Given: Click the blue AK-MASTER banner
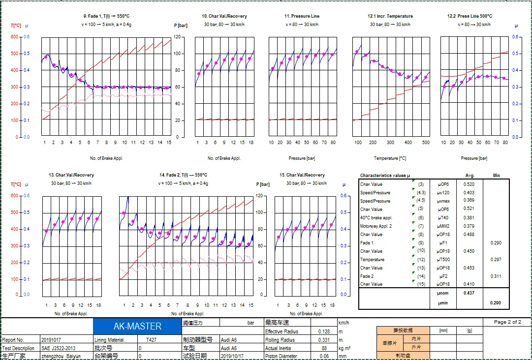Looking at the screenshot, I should [137, 326].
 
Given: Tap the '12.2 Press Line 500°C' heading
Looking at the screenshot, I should [469, 16].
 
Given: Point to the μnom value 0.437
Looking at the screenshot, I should [469, 293].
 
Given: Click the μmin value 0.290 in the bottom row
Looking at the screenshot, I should [495, 303].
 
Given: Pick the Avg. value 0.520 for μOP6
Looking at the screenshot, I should [469, 184].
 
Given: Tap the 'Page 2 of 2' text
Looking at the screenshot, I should [507, 322].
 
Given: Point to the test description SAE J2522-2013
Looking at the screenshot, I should [59, 348].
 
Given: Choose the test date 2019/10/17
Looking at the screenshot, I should [233, 356].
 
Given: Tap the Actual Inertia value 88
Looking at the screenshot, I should [324, 348].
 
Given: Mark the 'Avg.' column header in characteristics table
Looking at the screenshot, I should [469, 176].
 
